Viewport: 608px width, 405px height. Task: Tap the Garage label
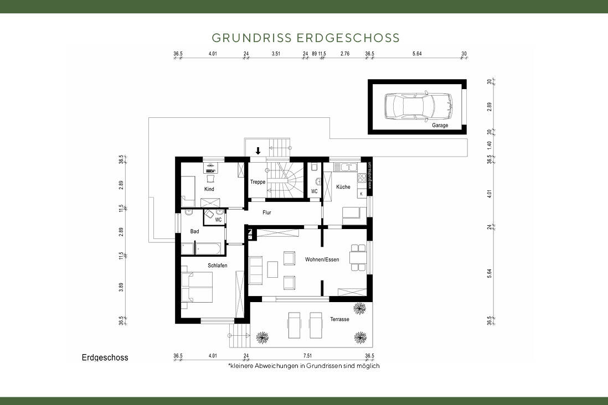tap(440, 126)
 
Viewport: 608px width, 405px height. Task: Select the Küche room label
tap(343, 187)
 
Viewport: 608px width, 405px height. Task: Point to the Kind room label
tap(209, 189)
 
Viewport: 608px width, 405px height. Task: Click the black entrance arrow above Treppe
tap(258, 150)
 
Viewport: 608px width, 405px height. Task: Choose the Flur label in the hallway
tap(267, 212)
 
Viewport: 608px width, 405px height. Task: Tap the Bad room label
tap(194, 231)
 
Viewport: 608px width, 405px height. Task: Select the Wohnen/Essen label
tap(322, 259)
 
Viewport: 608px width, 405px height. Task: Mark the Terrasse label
tap(339, 319)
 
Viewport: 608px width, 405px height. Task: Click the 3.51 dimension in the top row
tap(276, 54)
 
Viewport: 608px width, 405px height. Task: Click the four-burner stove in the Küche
tap(361, 178)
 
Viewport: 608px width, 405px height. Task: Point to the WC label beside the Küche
tap(314, 191)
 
